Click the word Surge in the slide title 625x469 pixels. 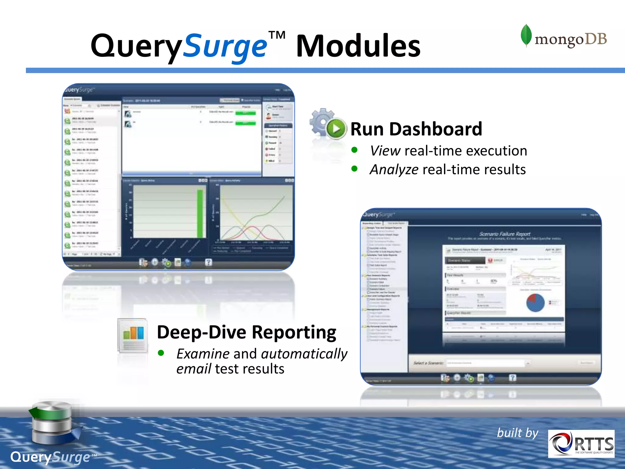point(225,46)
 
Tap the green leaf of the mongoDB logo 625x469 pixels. point(526,35)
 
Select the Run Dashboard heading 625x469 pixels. point(416,129)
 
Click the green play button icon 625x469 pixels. point(336,129)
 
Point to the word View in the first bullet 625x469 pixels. point(385,151)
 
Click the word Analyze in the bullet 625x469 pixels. point(394,169)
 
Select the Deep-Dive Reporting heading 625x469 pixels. point(246,332)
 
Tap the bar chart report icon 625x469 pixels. point(133,336)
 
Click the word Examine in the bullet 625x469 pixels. point(203,354)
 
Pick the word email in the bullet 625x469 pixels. point(194,369)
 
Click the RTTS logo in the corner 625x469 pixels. point(581,444)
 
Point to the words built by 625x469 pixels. point(518,433)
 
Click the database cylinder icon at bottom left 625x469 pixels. point(52,423)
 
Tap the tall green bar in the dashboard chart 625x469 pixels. point(200,213)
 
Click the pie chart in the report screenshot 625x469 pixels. point(535,303)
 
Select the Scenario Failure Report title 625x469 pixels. point(505,234)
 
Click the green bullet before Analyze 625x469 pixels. point(354,169)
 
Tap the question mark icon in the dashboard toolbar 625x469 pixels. point(208,262)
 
